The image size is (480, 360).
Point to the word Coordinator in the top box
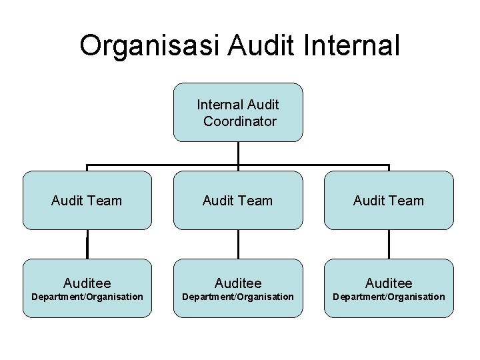tap(239, 121)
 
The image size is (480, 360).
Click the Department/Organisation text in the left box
tap(87, 297)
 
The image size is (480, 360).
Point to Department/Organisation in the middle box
tap(238, 297)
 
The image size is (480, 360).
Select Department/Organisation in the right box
tap(389, 297)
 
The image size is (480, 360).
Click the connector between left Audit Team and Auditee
tap(87, 244)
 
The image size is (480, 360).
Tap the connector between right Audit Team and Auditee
tap(389, 244)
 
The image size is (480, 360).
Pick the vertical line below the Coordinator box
tap(238, 153)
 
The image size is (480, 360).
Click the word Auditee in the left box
tap(87, 283)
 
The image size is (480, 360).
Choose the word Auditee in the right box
tap(389, 283)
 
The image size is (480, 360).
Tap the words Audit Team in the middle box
tap(238, 200)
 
